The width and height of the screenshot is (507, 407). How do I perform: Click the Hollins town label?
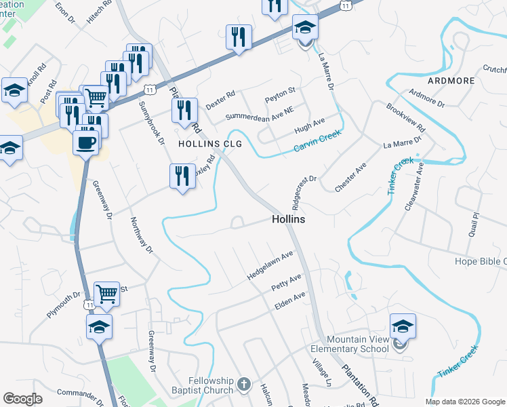[x=288, y=220]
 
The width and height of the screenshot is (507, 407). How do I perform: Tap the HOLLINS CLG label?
[x=209, y=144]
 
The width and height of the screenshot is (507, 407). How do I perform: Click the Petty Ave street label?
[x=286, y=282]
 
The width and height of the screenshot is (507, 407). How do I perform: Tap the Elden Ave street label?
[x=290, y=301]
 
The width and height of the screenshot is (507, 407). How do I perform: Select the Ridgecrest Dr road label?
[x=304, y=192]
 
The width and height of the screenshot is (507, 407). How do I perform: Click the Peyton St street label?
[x=281, y=91]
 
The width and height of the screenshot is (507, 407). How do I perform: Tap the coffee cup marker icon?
[x=85, y=142]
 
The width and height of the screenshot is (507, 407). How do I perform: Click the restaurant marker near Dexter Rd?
[x=184, y=110]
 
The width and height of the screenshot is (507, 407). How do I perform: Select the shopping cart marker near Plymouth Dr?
[x=106, y=293]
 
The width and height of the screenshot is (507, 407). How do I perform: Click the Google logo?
[x=22, y=399]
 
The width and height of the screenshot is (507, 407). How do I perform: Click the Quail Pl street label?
[x=473, y=224]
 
